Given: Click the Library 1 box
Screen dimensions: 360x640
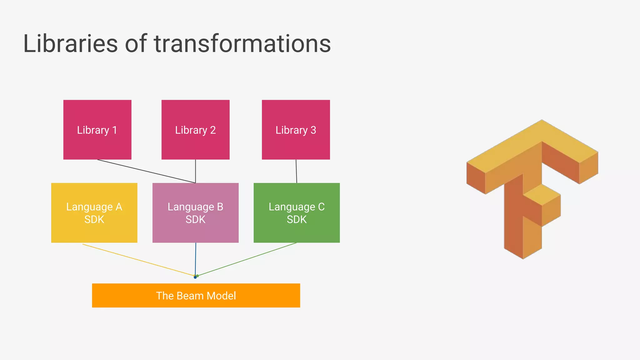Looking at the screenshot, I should (x=97, y=130).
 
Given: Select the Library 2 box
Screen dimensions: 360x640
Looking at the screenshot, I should (x=195, y=130).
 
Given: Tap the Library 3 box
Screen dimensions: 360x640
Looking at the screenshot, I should (x=296, y=130).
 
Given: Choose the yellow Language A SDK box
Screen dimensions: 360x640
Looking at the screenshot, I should (x=94, y=213).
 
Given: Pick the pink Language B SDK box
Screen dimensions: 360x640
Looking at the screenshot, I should (x=195, y=213).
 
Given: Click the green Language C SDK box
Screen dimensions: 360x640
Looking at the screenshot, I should (x=297, y=213).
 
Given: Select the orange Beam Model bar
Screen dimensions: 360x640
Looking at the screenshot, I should (x=196, y=296).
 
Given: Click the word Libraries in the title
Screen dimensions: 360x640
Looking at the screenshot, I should (x=70, y=43).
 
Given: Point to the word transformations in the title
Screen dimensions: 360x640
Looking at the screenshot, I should (x=242, y=43).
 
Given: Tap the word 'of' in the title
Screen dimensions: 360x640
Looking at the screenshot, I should (x=136, y=43).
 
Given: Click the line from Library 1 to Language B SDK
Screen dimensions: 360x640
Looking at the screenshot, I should (x=146, y=171).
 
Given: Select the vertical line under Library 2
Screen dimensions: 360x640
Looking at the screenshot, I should (x=196, y=171).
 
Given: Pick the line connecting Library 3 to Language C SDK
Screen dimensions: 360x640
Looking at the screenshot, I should (x=296, y=171).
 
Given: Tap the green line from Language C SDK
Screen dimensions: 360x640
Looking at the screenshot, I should (x=247, y=259).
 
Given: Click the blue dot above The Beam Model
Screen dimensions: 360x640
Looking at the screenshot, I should (x=195, y=277).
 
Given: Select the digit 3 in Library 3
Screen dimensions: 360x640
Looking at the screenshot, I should (x=313, y=130).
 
